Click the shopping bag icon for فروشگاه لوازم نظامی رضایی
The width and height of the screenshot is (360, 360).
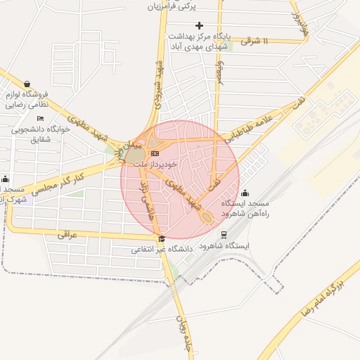[27, 83]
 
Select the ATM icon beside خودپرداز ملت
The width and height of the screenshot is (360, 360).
[155, 153]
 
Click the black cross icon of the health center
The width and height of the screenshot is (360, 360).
[199, 25]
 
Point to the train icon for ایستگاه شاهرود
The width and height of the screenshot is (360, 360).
[224, 235]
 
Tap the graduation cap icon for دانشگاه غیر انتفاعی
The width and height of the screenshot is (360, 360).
[162, 238]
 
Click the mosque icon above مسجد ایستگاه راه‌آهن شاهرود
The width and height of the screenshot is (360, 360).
[245, 193]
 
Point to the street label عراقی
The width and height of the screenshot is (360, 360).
[67, 235]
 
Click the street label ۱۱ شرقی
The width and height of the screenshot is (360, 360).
[255, 41]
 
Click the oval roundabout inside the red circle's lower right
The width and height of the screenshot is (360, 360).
[208, 218]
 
